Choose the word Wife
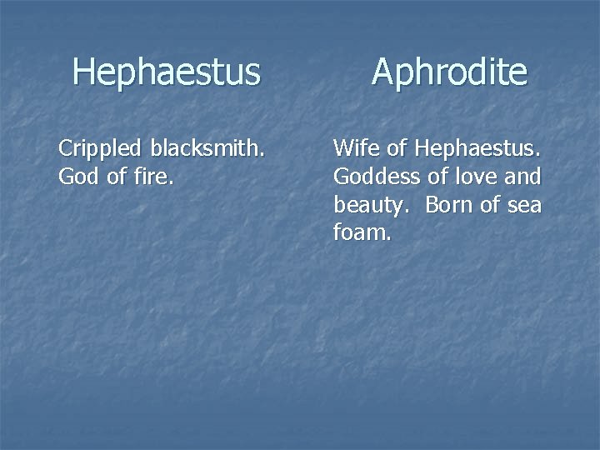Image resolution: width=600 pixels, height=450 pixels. point(357,149)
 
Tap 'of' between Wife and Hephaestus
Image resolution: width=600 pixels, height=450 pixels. point(397,149)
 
